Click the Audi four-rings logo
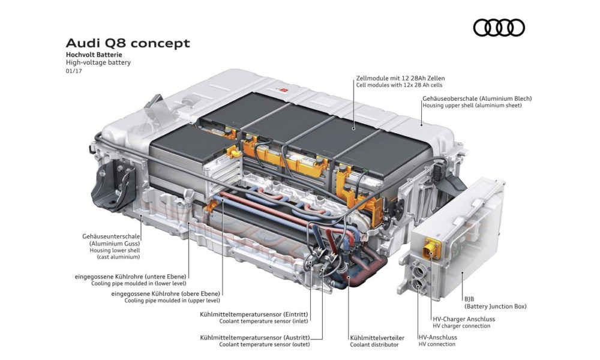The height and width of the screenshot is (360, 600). pos(499,28)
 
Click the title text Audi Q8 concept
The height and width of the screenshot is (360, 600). pos(127,43)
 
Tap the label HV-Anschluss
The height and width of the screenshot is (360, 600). pos(437,337)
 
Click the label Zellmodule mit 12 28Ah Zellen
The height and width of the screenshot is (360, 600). pos(400,78)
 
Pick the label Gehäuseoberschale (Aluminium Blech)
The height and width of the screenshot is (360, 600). pos(477,98)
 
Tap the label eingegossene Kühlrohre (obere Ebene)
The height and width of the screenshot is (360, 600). pos(165,293)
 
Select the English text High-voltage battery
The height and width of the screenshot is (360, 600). pos(98,62)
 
